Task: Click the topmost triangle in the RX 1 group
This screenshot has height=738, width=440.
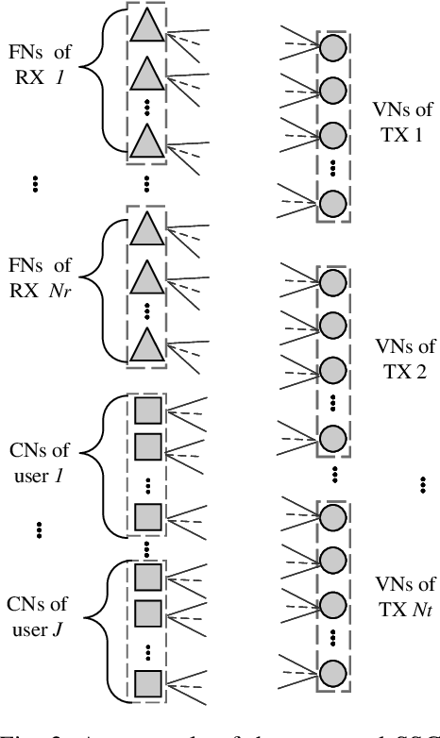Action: (146, 27)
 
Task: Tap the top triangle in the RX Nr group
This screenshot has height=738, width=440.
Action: (146, 227)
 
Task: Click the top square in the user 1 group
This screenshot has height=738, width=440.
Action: (146, 411)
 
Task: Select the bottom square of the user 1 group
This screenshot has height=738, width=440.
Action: (146, 515)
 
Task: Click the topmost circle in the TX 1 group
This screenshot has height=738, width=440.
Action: (332, 49)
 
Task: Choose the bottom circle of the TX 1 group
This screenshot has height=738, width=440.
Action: (332, 203)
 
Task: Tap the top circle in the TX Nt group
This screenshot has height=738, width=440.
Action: (332, 518)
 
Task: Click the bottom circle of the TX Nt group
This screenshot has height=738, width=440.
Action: (332, 672)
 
